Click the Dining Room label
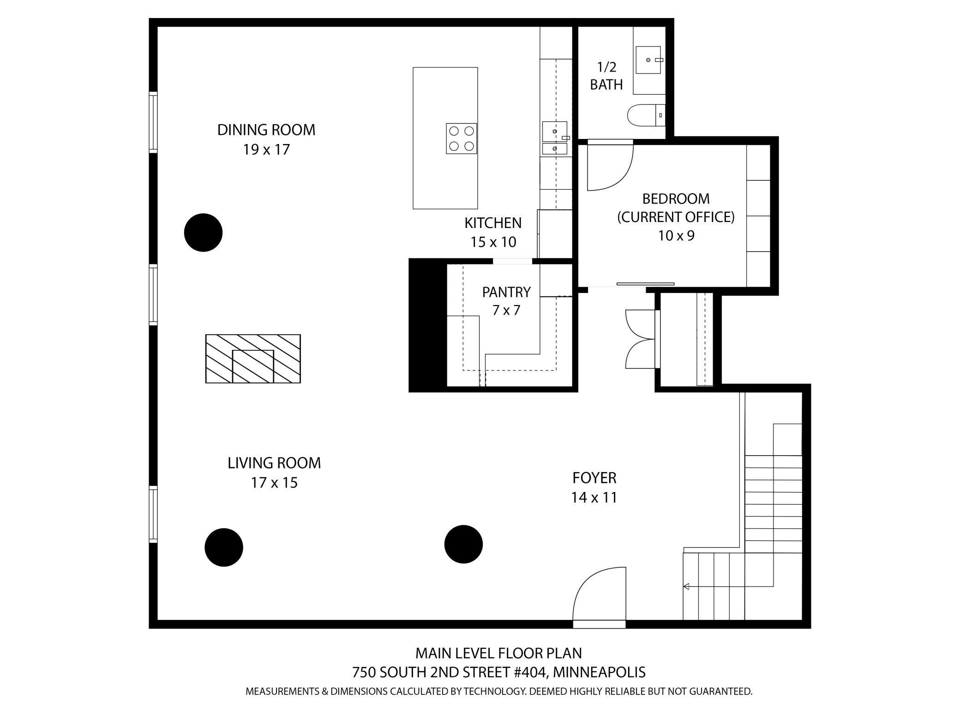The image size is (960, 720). coord(266,130)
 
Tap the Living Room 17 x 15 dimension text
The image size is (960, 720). coord(274,483)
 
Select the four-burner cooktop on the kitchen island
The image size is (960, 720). coord(461,138)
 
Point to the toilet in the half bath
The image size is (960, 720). coord(645,115)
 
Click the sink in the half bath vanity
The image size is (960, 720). coord(648,60)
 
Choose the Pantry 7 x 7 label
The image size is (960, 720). coord(506,300)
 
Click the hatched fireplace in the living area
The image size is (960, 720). coord(253,359)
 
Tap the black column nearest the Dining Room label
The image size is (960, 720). coord(203,233)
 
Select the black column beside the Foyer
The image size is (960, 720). coord(463,544)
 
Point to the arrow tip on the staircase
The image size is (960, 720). coord(686,587)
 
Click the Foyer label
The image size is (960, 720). coord(594,478)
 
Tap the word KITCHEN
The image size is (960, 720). coord(493,223)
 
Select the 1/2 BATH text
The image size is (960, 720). coord(606,76)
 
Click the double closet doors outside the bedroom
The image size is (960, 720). coord(641,339)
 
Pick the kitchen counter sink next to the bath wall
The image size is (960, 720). coord(554,132)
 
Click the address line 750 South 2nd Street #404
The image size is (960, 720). coord(498,672)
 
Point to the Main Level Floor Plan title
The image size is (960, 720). coord(498,653)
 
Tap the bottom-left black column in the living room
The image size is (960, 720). coord(224,547)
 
